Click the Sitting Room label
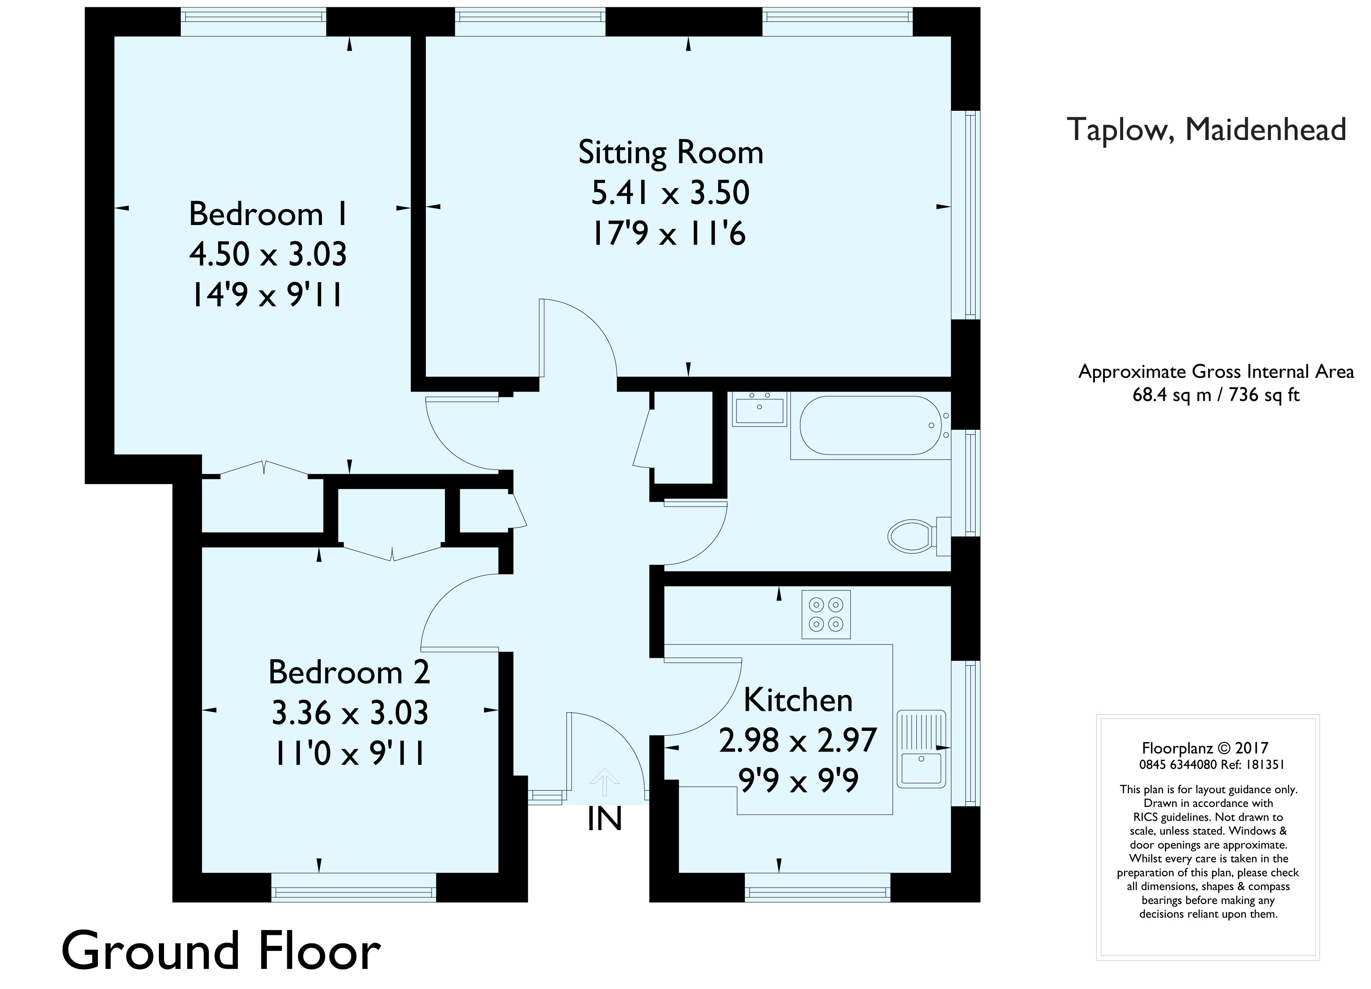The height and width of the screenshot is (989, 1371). pyautogui.click(x=670, y=152)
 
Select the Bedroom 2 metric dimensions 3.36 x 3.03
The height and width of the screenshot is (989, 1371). pyautogui.click(x=350, y=713)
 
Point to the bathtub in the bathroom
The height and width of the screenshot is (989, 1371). pyautogui.click(x=869, y=426)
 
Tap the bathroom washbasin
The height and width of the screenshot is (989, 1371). pyautogui.click(x=759, y=409)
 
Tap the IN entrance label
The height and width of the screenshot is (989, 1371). pyautogui.click(x=605, y=820)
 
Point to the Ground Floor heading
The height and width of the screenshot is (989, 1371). pyautogui.click(x=221, y=951)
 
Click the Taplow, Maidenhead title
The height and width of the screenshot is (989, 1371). pyautogui.click(x=1206, y=129)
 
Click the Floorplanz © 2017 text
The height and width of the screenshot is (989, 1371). pyautogui.click(x=1205, y=749)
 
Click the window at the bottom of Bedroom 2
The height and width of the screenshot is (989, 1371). pyautogui.click(x=354, y=892)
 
